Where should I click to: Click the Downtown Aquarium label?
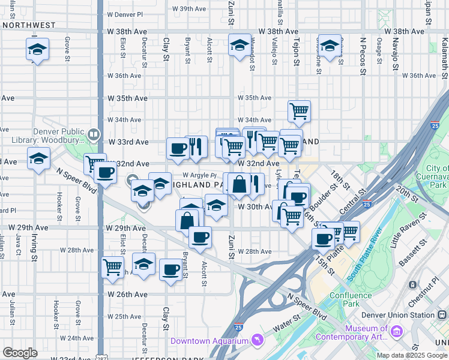click(x=209, y=341)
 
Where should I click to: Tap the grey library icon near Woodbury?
click(x=93, y=134)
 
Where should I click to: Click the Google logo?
click(x=20, y=353)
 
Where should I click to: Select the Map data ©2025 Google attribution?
click(x=411, y=355)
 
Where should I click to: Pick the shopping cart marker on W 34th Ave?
click(x=299, y=111)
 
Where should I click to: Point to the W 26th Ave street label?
click(x=128, y=295)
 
